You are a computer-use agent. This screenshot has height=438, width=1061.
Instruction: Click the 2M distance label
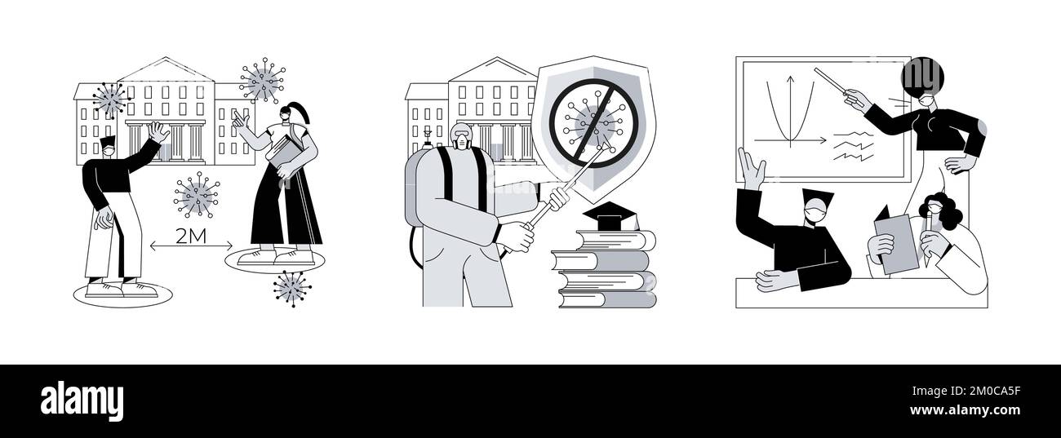191,236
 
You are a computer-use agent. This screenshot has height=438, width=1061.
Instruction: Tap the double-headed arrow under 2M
191,246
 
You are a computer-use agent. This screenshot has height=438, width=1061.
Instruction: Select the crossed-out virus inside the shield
593,122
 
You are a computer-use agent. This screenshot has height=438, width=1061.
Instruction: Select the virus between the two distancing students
197,195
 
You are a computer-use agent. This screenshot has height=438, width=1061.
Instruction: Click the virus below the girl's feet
292,289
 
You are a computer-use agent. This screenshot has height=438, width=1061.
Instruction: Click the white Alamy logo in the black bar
82,400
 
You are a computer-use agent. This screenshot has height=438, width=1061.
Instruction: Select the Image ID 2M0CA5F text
966,391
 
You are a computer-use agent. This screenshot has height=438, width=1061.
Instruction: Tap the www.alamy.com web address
965,410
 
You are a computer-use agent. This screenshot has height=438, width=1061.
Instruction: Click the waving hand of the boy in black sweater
158,132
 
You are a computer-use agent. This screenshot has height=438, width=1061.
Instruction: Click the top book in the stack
616,240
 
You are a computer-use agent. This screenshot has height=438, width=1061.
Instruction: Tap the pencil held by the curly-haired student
929,239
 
